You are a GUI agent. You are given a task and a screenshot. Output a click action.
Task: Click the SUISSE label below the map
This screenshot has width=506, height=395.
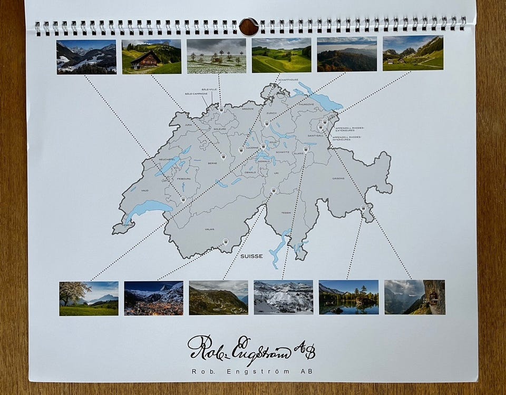(251, 256)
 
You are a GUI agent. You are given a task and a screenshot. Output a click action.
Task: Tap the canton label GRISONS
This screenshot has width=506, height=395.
(338, 179)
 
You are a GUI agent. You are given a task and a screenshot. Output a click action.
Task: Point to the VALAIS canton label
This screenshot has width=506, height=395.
(210, 230)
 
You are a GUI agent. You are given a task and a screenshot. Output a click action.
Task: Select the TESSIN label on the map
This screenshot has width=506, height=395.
(286, 213)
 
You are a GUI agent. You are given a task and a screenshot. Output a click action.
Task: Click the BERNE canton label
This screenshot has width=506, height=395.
(212, 163)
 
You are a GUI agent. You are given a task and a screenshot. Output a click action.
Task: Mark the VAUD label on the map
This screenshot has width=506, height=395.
(144, 191)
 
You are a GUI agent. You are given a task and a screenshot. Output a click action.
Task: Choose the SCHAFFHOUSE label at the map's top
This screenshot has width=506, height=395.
(289, 80)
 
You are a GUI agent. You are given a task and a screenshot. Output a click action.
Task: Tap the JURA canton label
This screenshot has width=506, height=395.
(188, 125)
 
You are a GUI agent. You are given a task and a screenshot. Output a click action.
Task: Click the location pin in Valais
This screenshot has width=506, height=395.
(226, 241)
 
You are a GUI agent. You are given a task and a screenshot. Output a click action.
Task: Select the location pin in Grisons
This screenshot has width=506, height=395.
(363, 209)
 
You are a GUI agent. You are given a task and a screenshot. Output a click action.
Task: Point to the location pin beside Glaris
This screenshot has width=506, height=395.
(306, 149)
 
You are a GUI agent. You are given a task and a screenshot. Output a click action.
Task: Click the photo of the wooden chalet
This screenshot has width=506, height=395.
(151, 56)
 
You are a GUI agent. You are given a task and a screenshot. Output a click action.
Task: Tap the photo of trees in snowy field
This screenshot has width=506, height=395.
(216, 56)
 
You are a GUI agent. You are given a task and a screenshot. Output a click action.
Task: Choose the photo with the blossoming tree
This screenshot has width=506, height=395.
(89, 298)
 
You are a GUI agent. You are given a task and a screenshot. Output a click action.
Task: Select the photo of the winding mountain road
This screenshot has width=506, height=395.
(218, 298)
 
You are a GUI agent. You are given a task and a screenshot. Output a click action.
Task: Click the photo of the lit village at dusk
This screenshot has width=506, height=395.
(153, 298)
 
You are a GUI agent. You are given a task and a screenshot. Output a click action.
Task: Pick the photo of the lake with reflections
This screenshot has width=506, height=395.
(348, 298)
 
